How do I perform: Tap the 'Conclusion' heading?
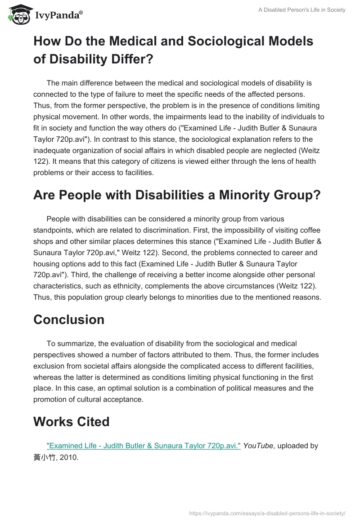tap(69, 319)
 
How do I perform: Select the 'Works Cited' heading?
tap(72, 422)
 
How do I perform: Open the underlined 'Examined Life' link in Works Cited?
tap(144, 445)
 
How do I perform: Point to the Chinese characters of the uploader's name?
tap(45, 457)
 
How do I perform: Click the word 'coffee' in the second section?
tap(310, 230)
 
